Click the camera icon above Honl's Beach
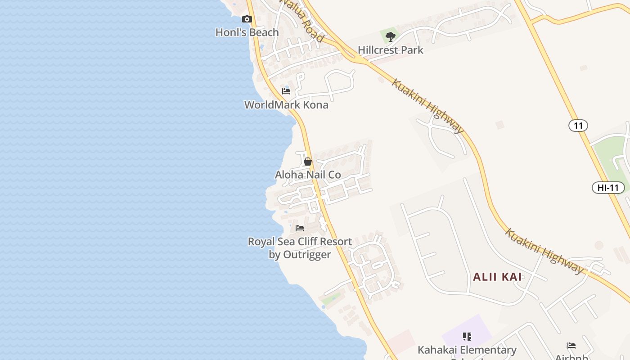point(247,19)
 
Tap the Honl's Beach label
point(247,32)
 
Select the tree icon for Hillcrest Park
point(391,36)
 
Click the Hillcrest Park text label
point(391,50)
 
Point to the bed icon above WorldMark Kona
point(286,91)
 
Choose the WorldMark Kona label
point(286,105)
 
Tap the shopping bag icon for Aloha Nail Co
point(308,162)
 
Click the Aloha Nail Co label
point(308,175)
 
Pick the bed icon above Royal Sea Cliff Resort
point(300,228)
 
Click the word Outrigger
point(306,255)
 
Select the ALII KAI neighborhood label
point(497,277)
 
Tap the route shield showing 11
point(578,125)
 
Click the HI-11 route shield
point(608,188)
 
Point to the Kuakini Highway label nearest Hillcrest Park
point(427,106)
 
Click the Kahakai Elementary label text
point(467,350)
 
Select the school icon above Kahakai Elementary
point(467,336)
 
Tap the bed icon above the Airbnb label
point(571,346)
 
